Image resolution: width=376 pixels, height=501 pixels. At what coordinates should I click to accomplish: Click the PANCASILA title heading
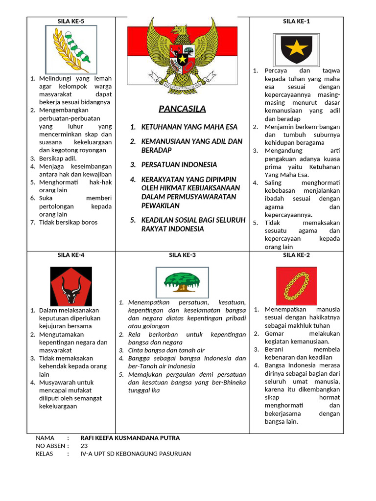182,109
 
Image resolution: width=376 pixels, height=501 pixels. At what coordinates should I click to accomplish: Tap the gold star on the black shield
296,48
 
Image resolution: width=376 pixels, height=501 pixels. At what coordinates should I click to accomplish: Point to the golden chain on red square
296,286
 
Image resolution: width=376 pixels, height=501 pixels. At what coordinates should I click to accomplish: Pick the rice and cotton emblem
71,49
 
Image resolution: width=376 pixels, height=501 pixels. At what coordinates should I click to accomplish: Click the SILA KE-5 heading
71,21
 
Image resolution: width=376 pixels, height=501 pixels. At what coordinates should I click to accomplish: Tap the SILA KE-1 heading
296,21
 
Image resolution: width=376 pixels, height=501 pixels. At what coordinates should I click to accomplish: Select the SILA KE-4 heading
71,255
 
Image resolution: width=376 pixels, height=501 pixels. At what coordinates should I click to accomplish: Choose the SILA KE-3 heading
182,255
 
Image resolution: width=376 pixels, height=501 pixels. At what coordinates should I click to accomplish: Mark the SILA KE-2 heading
296,255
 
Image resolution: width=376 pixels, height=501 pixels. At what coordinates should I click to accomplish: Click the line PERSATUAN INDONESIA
179,165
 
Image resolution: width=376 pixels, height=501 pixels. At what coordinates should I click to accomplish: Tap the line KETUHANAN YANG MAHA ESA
189,127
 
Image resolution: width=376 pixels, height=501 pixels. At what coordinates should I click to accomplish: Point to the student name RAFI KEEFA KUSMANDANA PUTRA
130,438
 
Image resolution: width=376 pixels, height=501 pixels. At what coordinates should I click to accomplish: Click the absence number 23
84,446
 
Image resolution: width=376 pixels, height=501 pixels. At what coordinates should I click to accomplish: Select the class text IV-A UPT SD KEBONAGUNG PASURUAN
136,454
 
